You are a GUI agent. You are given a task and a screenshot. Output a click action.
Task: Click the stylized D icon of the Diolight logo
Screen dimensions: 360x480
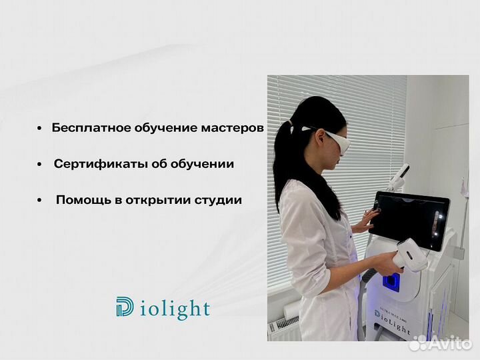tap(125, 307)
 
